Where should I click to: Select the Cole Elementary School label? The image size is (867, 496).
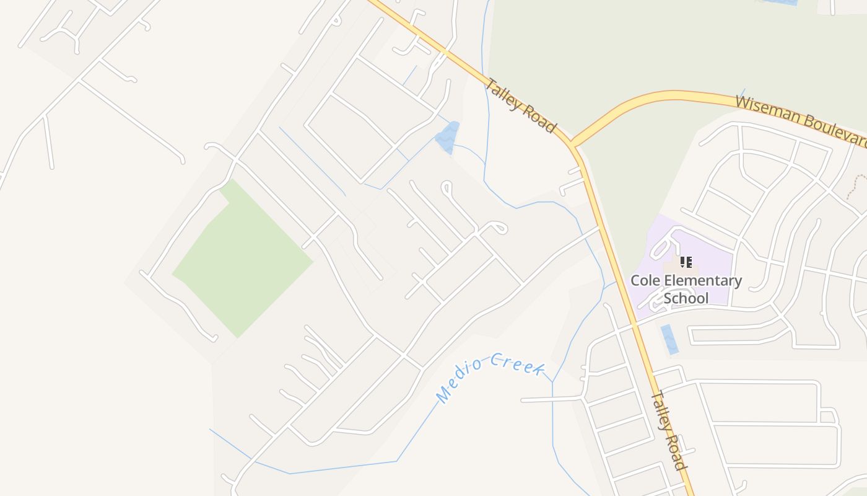tap(686, 289)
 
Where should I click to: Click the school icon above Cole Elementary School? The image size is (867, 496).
tap(686, 262)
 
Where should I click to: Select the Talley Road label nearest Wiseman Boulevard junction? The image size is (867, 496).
tap(520, 105)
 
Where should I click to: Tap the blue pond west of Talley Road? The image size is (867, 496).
tap(448, 137)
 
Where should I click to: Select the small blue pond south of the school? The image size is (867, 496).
tap(669, 339)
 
